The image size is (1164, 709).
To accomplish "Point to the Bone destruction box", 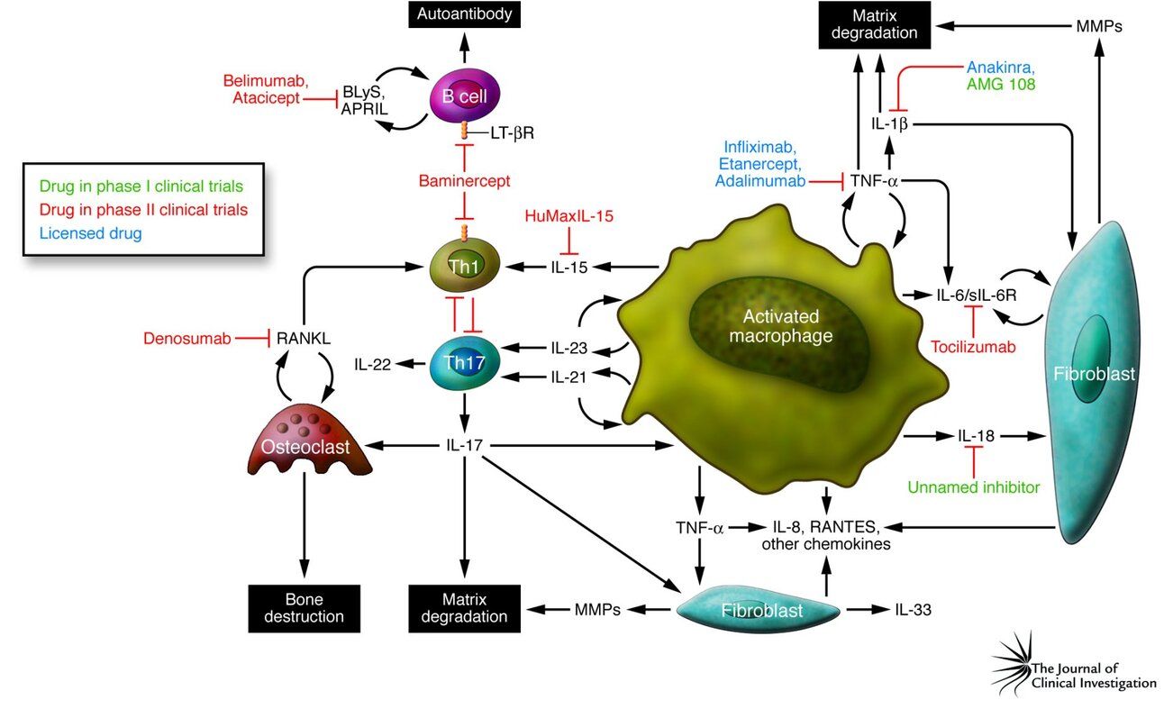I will [x=296, y=607].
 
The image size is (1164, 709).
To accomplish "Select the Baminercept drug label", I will [x=464, y=181].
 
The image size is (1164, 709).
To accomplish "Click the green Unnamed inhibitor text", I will [x=973, y=487].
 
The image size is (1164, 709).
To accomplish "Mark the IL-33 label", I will [x=913, y=609].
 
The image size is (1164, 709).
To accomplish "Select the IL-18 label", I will [x=976, y=435].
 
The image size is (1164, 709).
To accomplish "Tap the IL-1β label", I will [x=888, y=123].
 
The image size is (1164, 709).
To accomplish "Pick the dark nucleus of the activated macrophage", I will [x=780, y=327].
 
